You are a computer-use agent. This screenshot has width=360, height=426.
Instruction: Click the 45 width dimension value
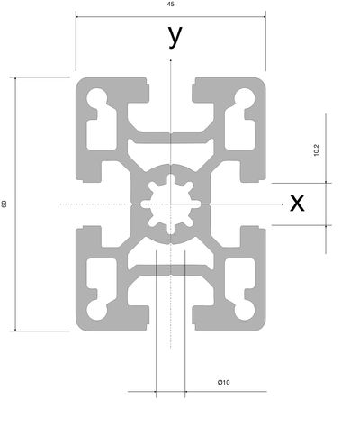(170, 5)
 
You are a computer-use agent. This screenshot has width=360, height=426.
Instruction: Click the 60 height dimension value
(4, 204)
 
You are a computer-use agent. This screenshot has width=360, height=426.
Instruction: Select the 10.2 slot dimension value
(316, 150)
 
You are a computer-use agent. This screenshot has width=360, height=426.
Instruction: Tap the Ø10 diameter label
(224, 382)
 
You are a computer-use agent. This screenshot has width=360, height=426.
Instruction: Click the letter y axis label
(175, 36)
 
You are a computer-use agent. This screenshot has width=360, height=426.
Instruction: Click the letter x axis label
(297, 203)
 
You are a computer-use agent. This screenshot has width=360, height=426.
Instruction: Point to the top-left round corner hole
(97, 97)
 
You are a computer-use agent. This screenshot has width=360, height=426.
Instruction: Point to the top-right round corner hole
(245, 97)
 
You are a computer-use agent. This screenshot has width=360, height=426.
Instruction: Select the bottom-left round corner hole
(97, 311)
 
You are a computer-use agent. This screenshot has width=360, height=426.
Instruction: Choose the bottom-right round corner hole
(245, 311)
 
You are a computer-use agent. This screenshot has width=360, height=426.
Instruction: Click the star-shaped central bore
(171, 204)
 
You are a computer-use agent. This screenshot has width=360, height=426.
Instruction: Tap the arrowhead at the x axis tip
(283, 204)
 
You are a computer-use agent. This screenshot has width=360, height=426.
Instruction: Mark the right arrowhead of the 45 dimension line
(264, 17)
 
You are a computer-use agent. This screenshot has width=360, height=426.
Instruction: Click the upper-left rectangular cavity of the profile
(102, 134)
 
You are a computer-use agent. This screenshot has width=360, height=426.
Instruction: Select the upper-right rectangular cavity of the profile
(240, 134)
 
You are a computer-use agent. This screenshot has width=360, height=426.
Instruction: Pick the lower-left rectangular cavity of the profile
(102, 274)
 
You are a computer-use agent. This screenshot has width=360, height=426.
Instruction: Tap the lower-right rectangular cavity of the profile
(240, 274)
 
